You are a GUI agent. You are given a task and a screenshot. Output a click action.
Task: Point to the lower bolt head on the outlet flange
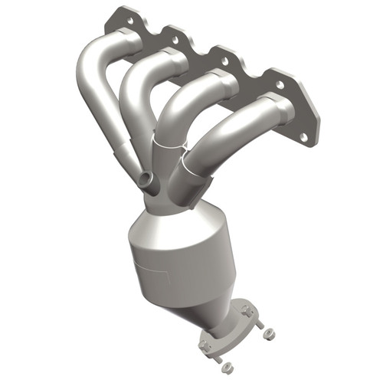(205, 346)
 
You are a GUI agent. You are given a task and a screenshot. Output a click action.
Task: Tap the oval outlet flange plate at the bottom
(230, 329)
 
